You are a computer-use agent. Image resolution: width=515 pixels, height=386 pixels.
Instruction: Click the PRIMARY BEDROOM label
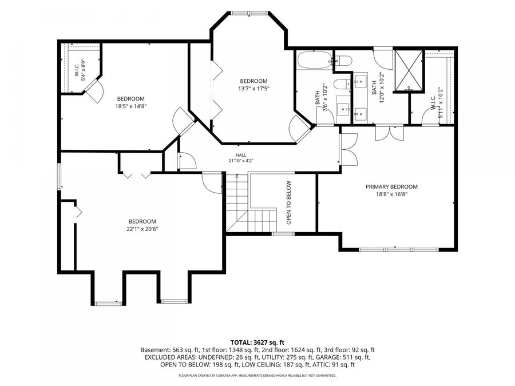(x=391, y=187)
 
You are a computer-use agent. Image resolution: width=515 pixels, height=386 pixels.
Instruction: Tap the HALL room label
(x=241, y=155)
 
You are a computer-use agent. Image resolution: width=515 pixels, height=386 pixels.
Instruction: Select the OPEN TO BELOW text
(x=289, y=202)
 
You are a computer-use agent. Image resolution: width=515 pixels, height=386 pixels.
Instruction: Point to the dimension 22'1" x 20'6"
(x=142, y=229)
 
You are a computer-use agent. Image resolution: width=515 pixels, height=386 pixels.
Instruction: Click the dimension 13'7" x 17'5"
(x=254, y=88)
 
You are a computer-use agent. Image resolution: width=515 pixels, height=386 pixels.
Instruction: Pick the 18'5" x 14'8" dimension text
(x=130, y=106)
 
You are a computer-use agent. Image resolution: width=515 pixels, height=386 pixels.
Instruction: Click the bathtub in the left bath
(x=315, y=60)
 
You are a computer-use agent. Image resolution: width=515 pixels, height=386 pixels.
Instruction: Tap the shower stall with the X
(x=409, y=70)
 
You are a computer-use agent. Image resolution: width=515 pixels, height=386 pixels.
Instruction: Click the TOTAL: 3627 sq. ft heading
(x=257, y=343)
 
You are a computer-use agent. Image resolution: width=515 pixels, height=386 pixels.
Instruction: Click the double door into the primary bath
(x=390, y=133)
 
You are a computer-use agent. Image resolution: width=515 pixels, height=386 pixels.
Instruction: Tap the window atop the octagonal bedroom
(x=249, y=13)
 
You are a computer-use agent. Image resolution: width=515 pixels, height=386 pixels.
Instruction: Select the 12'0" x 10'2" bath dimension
(x=381, y=87)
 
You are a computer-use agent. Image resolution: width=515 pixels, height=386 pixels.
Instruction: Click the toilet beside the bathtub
(x=343, y=61)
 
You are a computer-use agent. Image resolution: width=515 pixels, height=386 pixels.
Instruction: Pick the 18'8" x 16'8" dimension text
(x=391, y=194)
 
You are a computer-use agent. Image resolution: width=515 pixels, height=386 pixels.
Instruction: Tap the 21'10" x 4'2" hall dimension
(x=241, y=161)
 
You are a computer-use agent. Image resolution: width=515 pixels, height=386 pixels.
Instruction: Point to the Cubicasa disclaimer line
(x=257, y=375)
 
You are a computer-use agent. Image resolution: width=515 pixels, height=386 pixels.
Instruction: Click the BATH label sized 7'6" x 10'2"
(x=317, y=97)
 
